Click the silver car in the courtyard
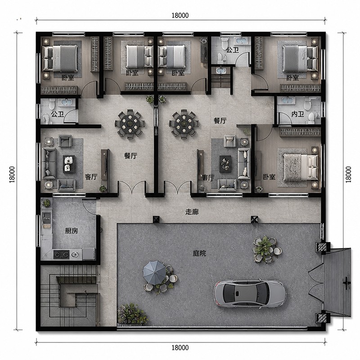coord(250,293)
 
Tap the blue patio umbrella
coord(154,272)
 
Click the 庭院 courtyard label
coord(199,253)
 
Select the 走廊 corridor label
coord(192,212)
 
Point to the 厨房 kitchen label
coord(72,231)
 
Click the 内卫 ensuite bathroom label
coord(297,114)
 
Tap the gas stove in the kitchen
coord(61,254)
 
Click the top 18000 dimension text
coord(180,15)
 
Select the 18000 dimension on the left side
coord(12,175)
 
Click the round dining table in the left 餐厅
coord(130,124)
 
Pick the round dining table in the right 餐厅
coord(184,124)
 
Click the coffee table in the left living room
coord(69,164)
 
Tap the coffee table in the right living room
coord(225,164)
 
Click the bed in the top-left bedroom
coord(60,58)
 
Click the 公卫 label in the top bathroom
coord(233,50)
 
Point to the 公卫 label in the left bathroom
coord(58,114)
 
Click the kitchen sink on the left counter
coord(46,217)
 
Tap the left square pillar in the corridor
coord(156,219)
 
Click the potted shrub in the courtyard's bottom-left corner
coord(132,314)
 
